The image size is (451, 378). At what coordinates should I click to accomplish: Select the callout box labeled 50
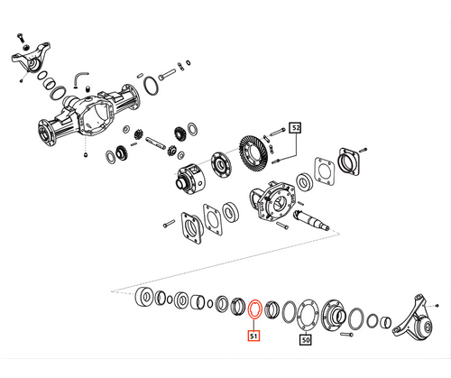[305, 340]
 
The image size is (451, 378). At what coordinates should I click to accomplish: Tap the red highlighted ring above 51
[255, 309]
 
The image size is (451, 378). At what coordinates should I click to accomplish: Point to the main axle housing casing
[90, 117]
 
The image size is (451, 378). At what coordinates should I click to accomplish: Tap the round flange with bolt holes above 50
[308, 316]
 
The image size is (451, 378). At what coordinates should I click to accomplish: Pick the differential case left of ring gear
[193, 176]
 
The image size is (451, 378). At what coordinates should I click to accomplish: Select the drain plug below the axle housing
[84, 155]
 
